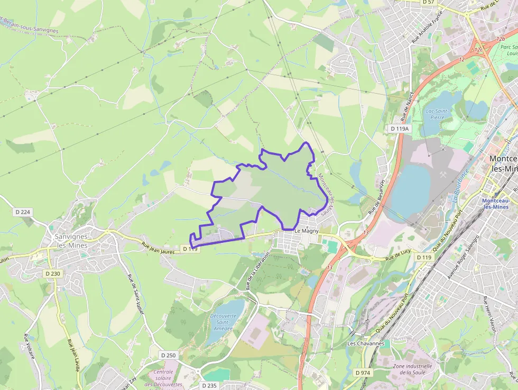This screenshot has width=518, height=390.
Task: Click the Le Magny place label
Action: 306,231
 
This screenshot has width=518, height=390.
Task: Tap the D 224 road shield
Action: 23,212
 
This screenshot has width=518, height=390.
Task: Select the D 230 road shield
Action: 53,274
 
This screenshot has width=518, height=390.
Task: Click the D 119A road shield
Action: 400,129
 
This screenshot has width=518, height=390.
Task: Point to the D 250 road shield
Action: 168,355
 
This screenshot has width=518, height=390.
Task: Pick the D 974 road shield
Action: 363,373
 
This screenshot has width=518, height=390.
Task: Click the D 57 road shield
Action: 428,3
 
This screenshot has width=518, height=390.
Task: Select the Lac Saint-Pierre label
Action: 437,114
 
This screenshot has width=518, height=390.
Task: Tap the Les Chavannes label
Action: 365,343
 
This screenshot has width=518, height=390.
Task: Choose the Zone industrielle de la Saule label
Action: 412,369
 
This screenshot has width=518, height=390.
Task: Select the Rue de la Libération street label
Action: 257,270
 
